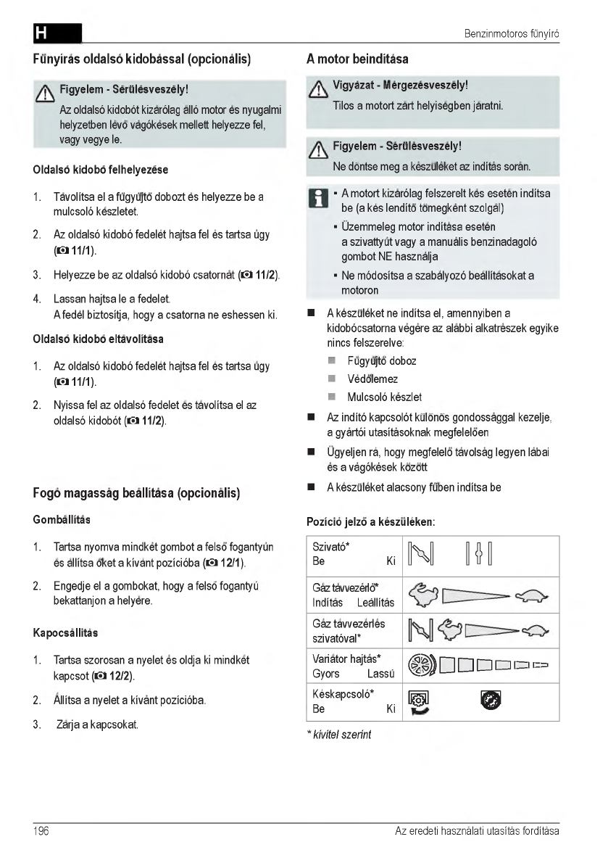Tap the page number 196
40,831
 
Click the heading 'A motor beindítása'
358,58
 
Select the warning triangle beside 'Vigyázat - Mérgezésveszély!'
317,88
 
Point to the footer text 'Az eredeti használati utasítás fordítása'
477,831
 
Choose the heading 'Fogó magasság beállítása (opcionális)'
136,494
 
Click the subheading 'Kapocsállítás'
65,633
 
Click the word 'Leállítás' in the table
375,603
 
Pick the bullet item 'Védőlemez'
372,379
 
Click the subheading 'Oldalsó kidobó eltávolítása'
99,339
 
